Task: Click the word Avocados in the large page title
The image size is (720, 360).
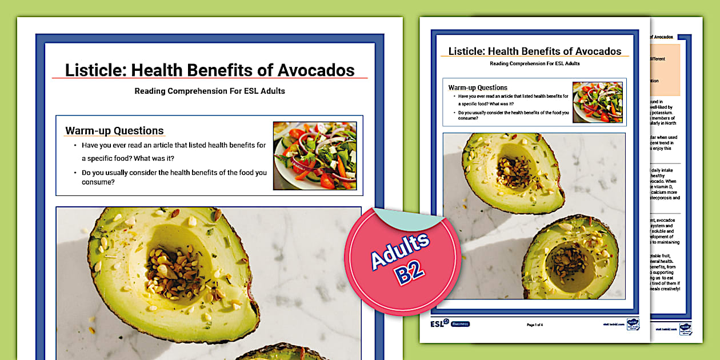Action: [316, 70]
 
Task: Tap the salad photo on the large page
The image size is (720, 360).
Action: [315, 155]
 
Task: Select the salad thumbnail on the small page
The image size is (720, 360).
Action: [598, 102]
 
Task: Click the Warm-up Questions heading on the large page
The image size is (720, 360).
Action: [114, 131]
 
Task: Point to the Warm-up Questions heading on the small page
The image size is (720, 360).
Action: [478, 87]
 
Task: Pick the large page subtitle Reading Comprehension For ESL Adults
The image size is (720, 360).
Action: [210, 91]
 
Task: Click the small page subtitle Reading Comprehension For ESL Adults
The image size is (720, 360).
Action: [535, 63]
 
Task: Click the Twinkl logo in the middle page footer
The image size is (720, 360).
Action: [633, 324]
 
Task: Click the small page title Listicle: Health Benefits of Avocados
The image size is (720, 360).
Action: [535, 51]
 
